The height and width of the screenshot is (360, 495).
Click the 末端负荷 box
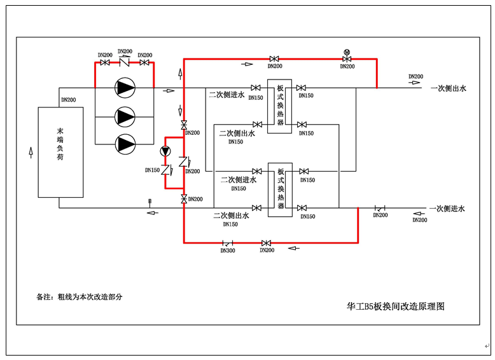[x=60, y=152]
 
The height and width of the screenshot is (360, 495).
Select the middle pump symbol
[x=125, y=116]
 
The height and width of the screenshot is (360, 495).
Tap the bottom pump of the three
[x=125, y=144]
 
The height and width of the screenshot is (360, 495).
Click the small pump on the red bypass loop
[x=165, y=151]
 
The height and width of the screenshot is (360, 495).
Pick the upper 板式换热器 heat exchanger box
[x=280, y=106]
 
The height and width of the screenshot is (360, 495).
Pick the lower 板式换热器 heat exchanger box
[x=281, y=190]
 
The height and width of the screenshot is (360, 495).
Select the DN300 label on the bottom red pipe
[x=227, y=251]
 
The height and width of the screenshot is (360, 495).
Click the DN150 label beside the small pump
[x=152, y=170]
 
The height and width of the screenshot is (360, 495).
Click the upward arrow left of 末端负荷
[x=30, y=152]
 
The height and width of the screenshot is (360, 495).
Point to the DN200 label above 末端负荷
[x=68, y=100]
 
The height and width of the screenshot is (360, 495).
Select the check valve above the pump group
[x=125, y=62]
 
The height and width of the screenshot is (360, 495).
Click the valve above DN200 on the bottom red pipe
[x=267, y=243]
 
